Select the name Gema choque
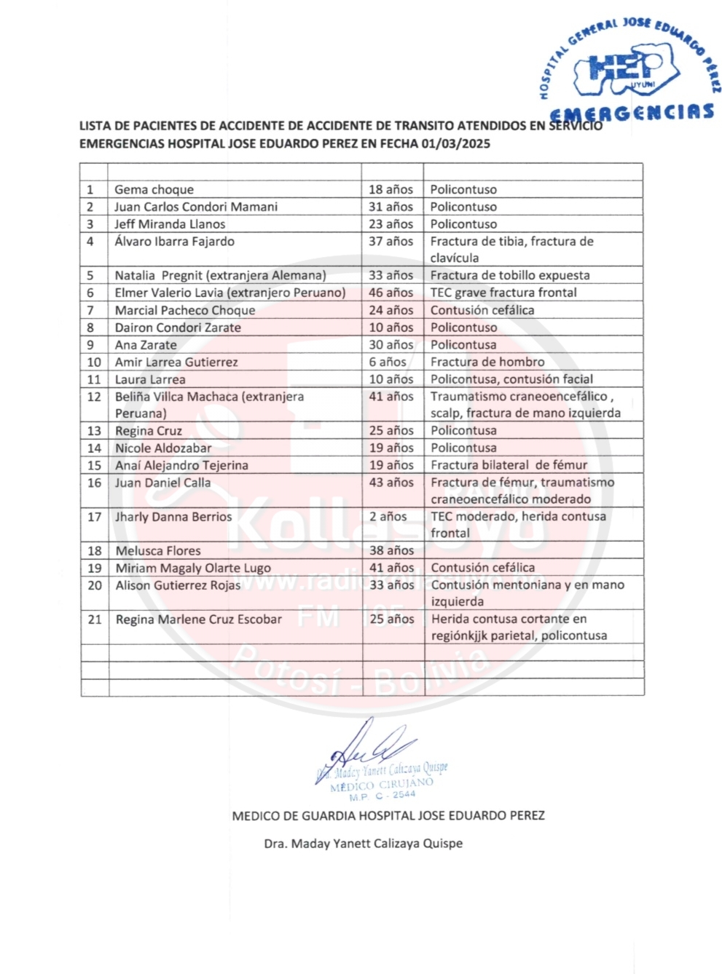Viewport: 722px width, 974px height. tap(154, 189)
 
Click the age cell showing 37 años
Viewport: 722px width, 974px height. tap(391, 241)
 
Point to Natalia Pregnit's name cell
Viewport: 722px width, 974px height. tap(220, 275)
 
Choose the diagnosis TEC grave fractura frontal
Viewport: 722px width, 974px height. tap(503, 293)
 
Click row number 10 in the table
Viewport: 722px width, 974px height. tap(94, 362)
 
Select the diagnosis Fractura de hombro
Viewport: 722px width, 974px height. tap(487, 362)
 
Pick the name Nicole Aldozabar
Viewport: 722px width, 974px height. tap(163, 448)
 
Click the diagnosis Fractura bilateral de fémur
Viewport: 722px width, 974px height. tap(509, 465)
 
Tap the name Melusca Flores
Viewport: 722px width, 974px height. tap(158, 551)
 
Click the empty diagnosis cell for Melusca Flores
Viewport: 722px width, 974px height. tap(533, 551)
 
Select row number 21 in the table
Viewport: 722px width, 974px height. tap(95, 619)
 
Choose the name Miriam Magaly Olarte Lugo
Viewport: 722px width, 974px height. tap(193, 568)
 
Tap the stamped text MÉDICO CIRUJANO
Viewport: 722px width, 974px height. tap(382, 784)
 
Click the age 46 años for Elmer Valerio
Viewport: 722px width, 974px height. tap(391, 293)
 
